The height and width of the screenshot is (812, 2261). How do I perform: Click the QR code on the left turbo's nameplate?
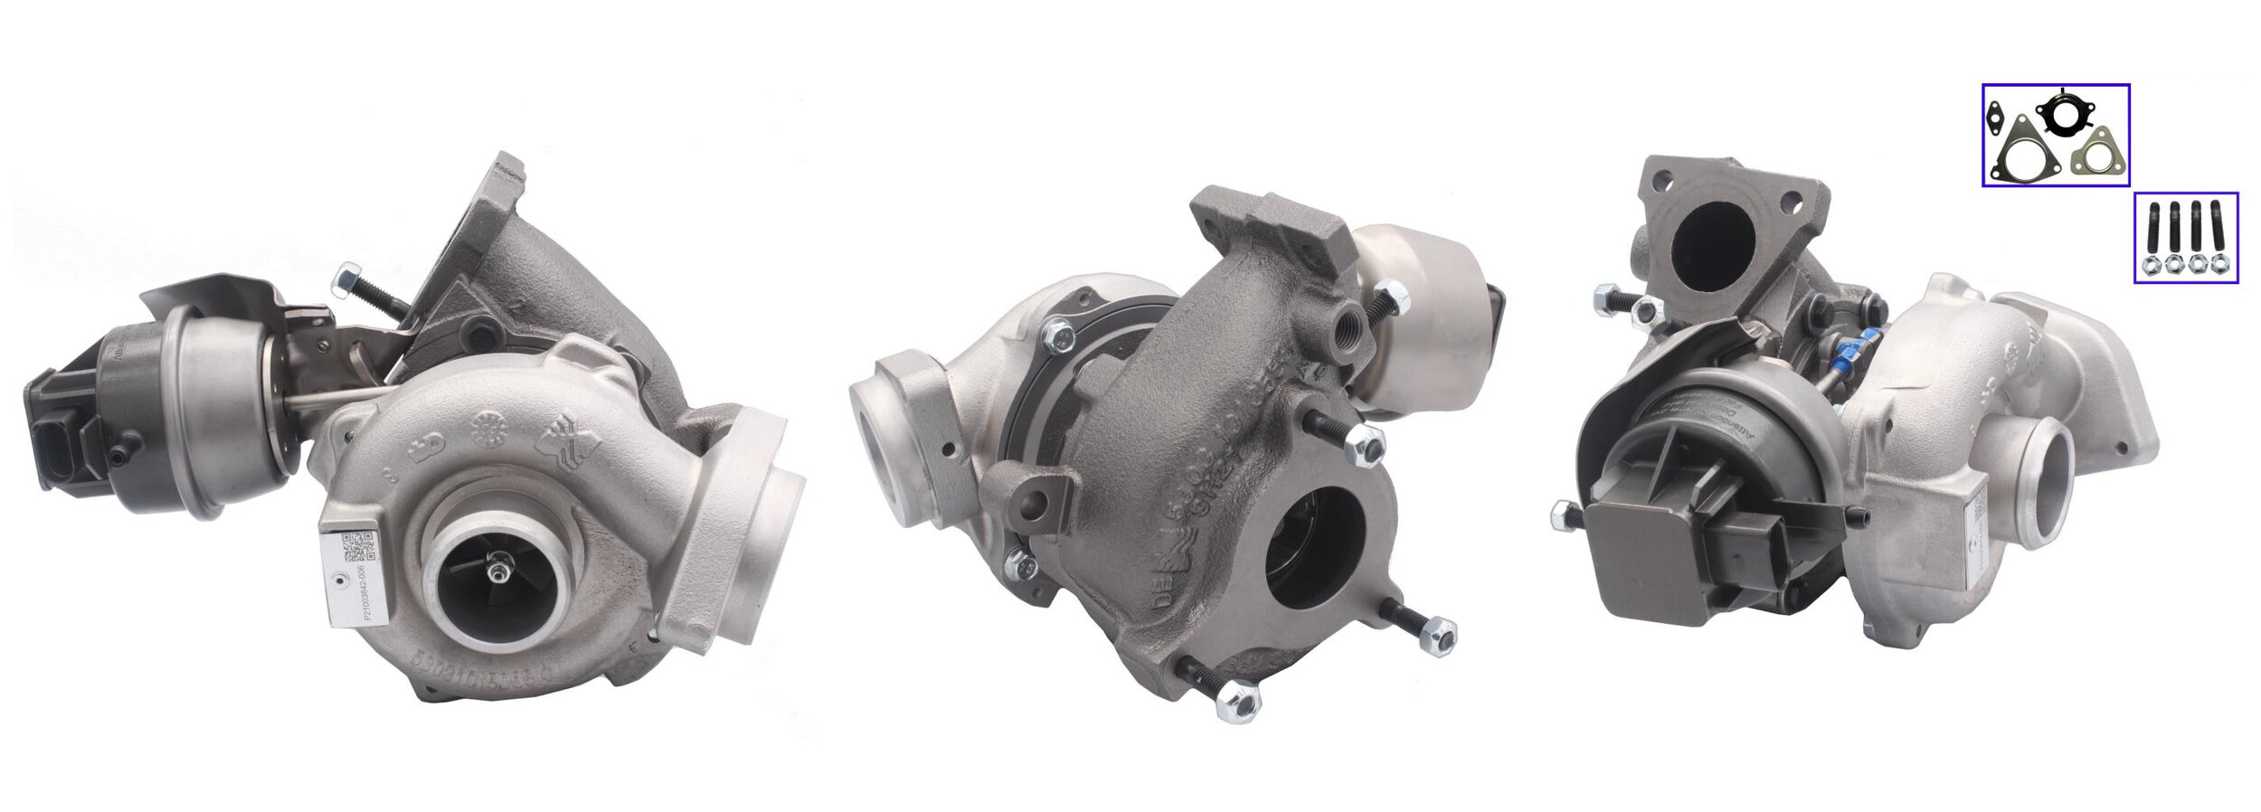tap(358, 548)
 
